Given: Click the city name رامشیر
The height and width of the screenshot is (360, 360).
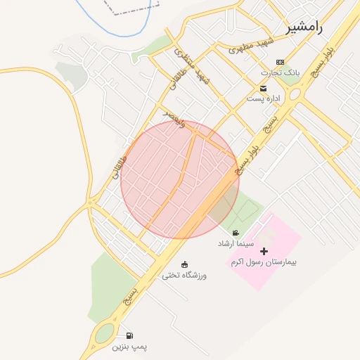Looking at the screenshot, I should click(x=304, y=28).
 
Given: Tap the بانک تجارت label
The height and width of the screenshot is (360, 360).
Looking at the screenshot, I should click(x=262, y=72).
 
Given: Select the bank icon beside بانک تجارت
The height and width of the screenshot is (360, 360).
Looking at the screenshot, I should click(x=281, y=63).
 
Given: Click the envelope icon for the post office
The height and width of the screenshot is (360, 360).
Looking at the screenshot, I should click(x=263, y=88).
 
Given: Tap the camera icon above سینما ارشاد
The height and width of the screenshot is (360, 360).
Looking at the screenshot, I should click(x=235, y=233).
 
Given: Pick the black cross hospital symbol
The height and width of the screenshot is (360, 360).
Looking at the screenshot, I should click(x=264, y=251).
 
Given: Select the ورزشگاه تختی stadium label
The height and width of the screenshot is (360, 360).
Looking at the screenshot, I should click(x=185, y=275).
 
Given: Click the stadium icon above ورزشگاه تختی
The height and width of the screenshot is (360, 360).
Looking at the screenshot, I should click(x=185, y=264).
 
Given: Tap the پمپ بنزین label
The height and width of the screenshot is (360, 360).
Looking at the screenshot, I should click(x=129, y=347).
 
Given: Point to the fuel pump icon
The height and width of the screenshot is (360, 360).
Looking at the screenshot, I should click(x=129, y=336).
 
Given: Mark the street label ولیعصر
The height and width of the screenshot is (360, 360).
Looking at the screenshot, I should click(x=173, y=116).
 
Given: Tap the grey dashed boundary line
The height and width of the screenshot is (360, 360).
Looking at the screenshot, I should click(x=134, y=12).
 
